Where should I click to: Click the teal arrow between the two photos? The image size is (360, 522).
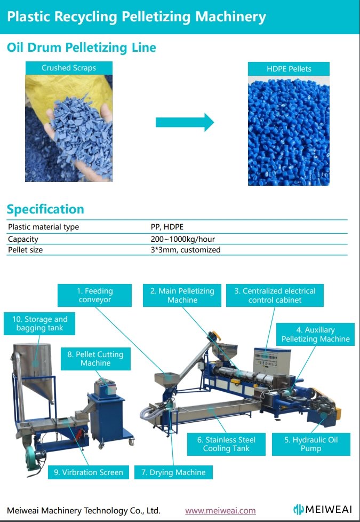(185, 122)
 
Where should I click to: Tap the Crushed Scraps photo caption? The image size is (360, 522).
(69, 68)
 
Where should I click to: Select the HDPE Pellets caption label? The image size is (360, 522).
(289, 69)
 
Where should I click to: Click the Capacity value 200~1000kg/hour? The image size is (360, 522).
(182, 239)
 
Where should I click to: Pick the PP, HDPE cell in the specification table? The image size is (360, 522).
(167, 227)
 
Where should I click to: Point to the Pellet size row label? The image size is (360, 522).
(25, 250)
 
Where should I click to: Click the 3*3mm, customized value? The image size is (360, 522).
(186, 250)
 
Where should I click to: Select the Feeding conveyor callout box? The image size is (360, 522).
(94, 295)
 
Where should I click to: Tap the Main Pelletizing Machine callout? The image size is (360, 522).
(182, 295)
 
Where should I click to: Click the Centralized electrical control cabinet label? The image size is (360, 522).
(275, 295)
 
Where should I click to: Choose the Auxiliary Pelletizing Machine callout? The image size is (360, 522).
(315, 334)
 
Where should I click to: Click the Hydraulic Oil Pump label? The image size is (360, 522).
(311, 444)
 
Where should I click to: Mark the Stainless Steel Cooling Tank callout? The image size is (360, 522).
(226, 444)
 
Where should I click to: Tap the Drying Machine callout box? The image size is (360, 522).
(173, 472)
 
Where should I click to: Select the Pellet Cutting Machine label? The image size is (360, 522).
(95, 359)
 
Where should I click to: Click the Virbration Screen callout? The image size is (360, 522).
(89, 472)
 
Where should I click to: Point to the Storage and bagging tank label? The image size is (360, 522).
(39, 323)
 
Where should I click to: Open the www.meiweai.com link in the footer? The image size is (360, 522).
(221, 511)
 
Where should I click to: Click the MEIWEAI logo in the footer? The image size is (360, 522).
(323, 509)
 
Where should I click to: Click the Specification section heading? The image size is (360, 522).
(45, 209)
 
